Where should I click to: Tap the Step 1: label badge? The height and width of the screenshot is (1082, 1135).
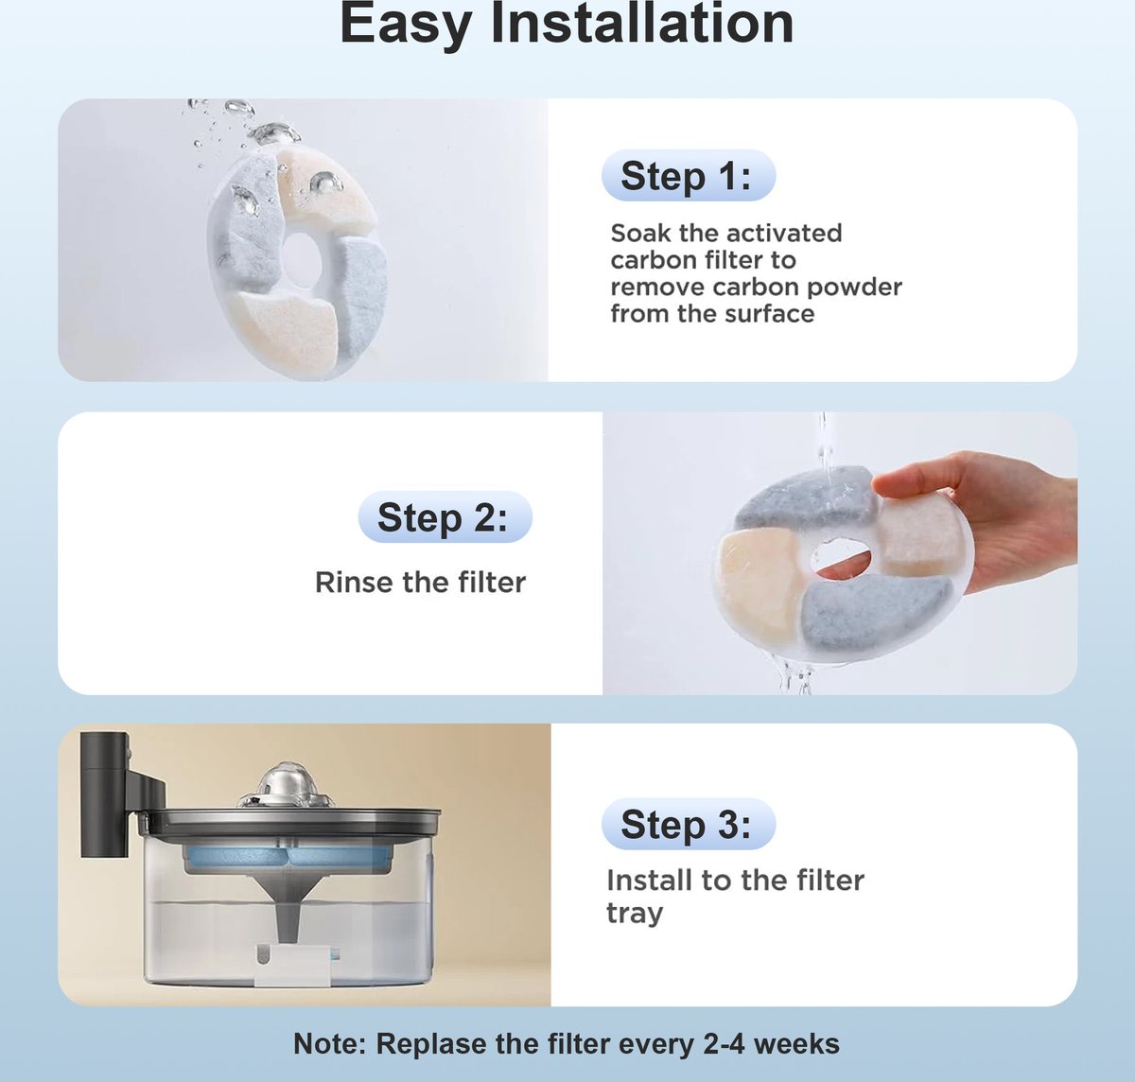(689, 176)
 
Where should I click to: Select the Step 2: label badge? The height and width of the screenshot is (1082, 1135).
(445, 516)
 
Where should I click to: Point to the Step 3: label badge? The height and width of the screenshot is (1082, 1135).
(689, 824)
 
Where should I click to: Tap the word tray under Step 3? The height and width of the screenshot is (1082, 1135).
(635, 915)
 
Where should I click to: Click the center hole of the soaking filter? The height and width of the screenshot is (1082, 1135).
(302, 254)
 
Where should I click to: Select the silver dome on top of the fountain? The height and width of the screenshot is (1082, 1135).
(287, 785)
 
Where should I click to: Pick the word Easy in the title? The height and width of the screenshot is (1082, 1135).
(405, 26)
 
